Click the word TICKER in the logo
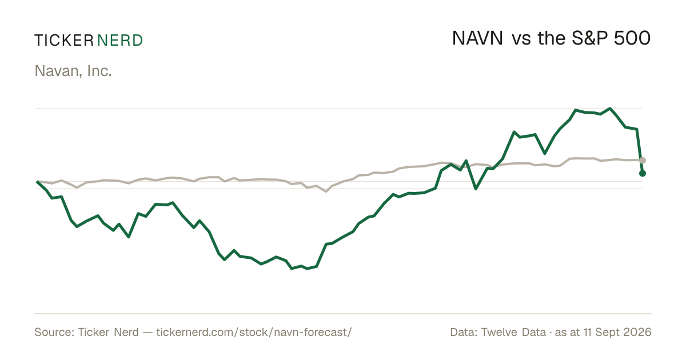tap(64, 41)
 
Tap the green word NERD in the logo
tap(120, 41)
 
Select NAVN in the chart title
tap(477, 38)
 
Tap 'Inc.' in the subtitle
tap(99, 71)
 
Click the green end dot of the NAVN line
tap(643, 174)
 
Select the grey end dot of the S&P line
tap(643, 160)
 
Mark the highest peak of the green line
tap(610, 109)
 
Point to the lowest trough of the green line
tap(307, 269)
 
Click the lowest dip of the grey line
tap(326, 191)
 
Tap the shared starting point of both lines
tap(37, 182)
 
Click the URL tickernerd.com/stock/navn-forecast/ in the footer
tap(254, 332)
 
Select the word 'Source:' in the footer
tap(54, 332)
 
